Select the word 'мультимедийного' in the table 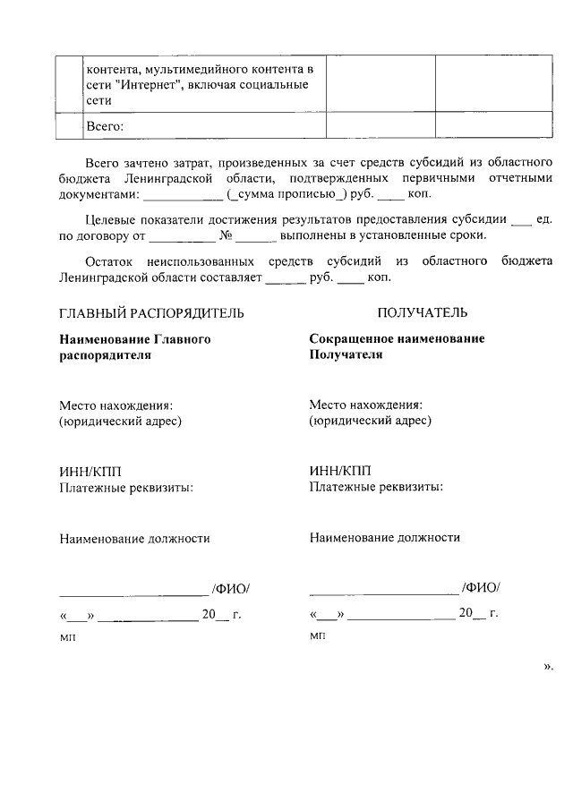tap(192, 68)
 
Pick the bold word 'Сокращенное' tap(347, 339)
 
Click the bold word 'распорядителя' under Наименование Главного tap(105, 354)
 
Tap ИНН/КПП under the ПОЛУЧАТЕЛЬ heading tap(339, 473)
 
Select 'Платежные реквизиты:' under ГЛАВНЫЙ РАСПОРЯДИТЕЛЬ tap(126, 488)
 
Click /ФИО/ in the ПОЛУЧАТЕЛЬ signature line tap(481, 588)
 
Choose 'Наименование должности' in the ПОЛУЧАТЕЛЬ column tap(384, 538)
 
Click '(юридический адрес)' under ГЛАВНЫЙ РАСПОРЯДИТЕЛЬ tap(120, 421)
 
